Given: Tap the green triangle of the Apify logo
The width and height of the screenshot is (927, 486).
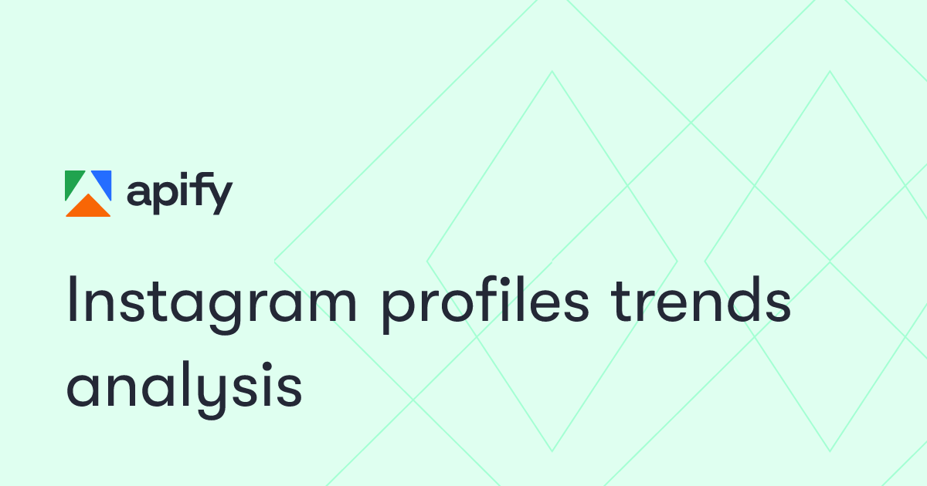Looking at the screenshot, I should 75,183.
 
